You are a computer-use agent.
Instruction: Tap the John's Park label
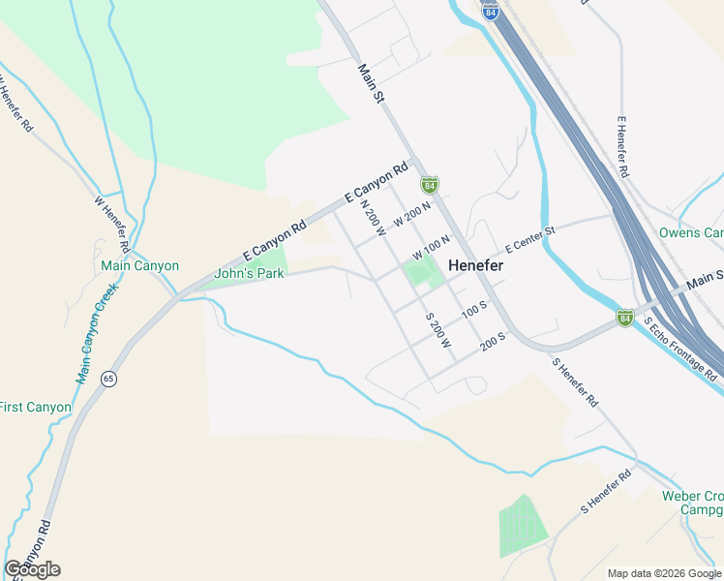click(249, 274)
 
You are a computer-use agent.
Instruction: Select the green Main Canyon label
click(140, 265)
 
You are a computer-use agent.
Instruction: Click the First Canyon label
click(35, 408)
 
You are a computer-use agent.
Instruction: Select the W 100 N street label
click(432, 246)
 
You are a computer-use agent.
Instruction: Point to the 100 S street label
click(473, 310)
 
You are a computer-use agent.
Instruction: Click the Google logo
click(32, 569)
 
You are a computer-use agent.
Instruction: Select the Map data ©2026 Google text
click(664, 572)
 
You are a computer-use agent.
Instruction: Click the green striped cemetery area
click(523, 527)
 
